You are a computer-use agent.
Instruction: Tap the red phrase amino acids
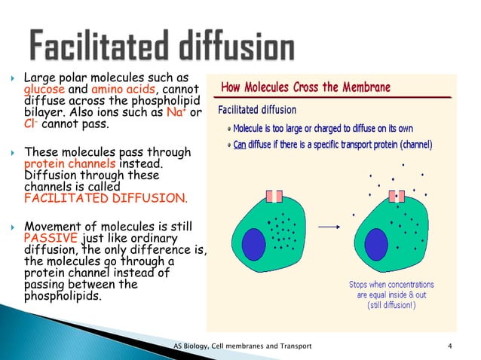[x=124, y=90]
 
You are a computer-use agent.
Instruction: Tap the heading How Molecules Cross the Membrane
[x=305, y=88]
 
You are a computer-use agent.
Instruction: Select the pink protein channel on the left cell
[x=274, y=197]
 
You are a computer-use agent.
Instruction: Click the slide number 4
[x=449, y=346]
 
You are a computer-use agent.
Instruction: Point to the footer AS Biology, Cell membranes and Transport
[x=242, y=346]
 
